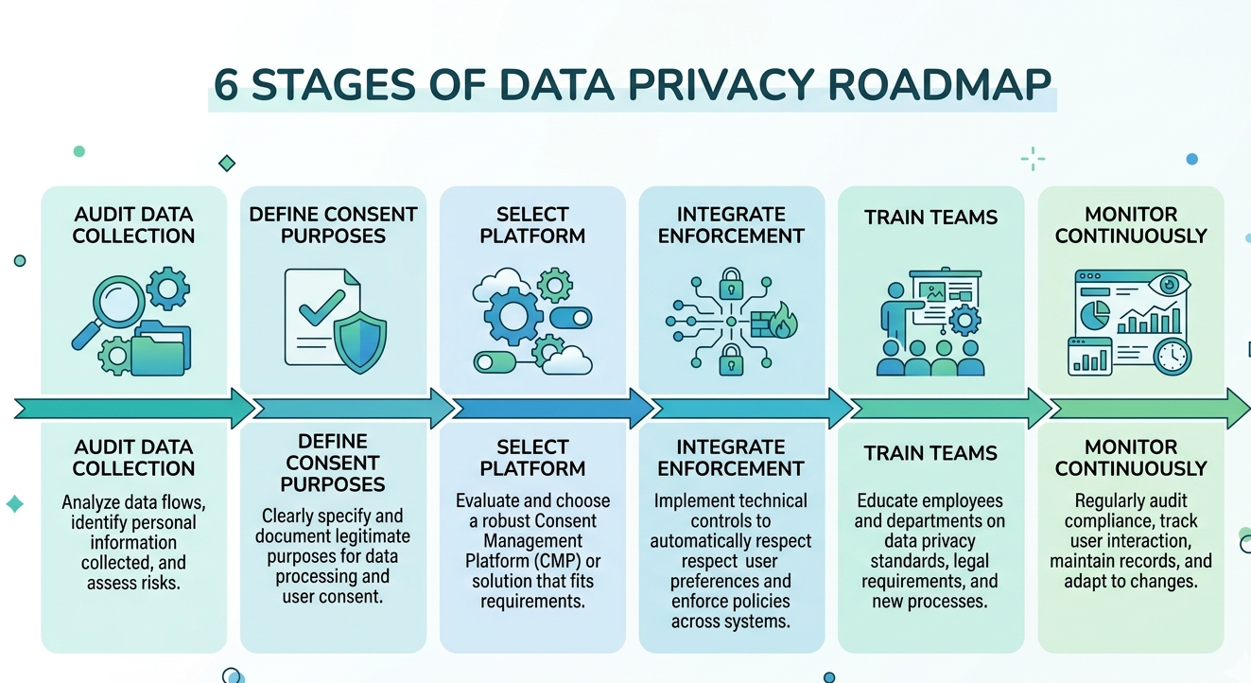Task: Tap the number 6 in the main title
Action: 226,85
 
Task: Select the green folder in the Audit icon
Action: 161,351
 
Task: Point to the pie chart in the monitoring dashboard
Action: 1095,316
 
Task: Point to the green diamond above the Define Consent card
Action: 227,164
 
